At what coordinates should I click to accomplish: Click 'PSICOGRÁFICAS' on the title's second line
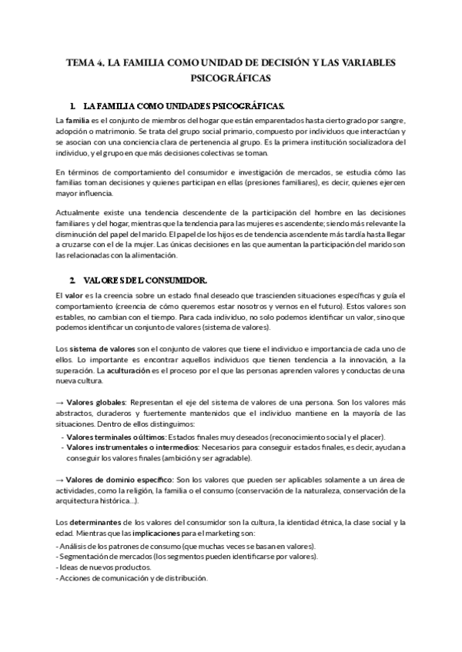coord(230,78)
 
